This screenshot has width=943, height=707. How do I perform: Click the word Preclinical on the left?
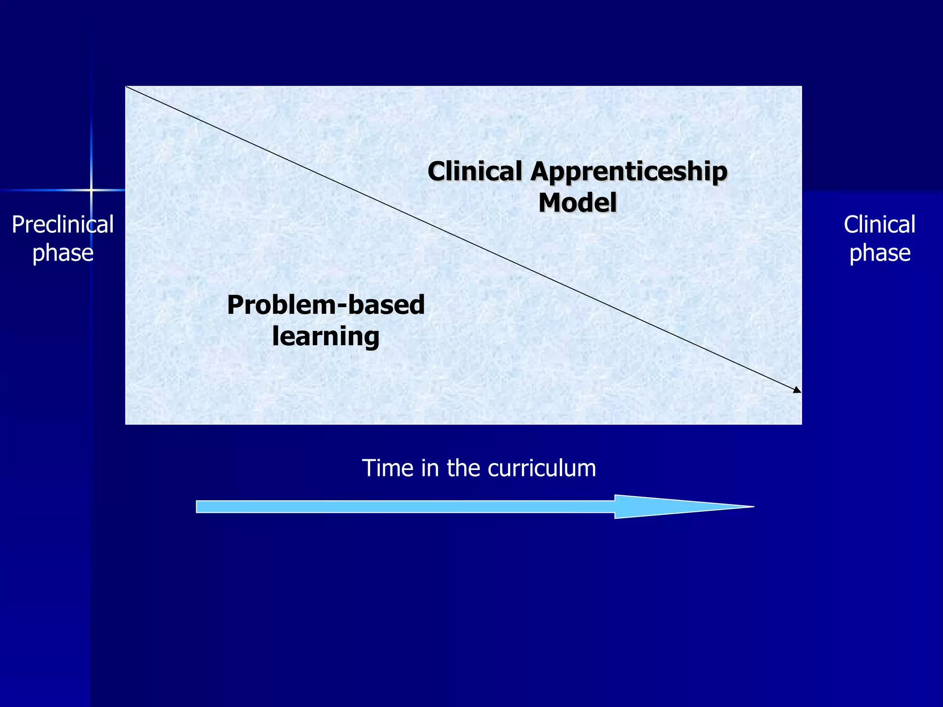[63, 225]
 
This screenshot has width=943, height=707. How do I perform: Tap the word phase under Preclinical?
[63, 253]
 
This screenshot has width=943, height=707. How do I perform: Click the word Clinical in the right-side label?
[879, 225]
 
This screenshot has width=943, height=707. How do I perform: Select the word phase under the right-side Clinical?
[879, 253]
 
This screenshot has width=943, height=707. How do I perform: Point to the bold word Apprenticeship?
[629, 172]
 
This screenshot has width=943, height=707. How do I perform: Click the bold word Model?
[577, 203]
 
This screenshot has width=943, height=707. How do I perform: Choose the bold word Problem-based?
[326, 305]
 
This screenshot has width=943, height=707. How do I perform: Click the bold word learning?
[326, 336]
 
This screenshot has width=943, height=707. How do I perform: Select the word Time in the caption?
[388, 468]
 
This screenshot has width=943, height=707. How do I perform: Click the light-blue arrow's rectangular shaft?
[405, 507]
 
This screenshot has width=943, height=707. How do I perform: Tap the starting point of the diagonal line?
[127, 87]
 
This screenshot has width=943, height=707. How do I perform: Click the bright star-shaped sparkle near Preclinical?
[91, 190]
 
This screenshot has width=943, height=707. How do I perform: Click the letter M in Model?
[549, 203]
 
